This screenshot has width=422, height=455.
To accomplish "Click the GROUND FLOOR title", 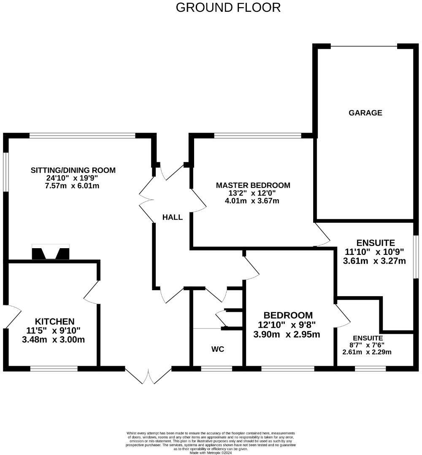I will pyautogui.click(x=228, y=8).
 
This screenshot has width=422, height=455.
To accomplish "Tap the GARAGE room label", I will pyautogui.click(x=365, y=112).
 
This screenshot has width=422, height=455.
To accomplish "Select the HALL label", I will pyautogui.click(x=173, y=217).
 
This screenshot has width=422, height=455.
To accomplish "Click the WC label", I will pyautogui.click(x=217, y=349).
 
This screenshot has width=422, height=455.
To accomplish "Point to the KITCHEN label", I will pyautogui.click(x=54, y=321).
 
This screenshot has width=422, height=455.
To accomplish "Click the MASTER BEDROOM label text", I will pyautogui.click(x=253, y=185).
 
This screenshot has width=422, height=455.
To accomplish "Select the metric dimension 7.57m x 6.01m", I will pyautogui.click(x=73, y=186).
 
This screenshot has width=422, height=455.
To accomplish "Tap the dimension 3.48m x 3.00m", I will pyautogui.click(x=54, y=339).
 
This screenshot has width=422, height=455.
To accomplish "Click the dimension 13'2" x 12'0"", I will pyautogui.click(x=253, y=193).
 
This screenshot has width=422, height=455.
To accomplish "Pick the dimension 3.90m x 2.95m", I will pyautogui.click(x=287, y=335).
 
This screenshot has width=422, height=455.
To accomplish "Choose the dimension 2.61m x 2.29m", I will pyautogui.click(x=368, y=352).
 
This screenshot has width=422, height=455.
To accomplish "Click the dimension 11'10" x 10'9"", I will pyautogui.click(x=374, y=252).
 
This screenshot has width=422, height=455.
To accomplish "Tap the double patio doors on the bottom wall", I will pyautogui.click(x=148, y=376).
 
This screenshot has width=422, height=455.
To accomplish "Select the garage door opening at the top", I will pyautogui.click(x=364, y=46).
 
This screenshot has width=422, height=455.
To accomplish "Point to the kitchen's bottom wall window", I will pyautogui.click(x=54, y=369).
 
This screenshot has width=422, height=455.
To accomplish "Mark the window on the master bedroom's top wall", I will pyautogui.click(x=257, y=136).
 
